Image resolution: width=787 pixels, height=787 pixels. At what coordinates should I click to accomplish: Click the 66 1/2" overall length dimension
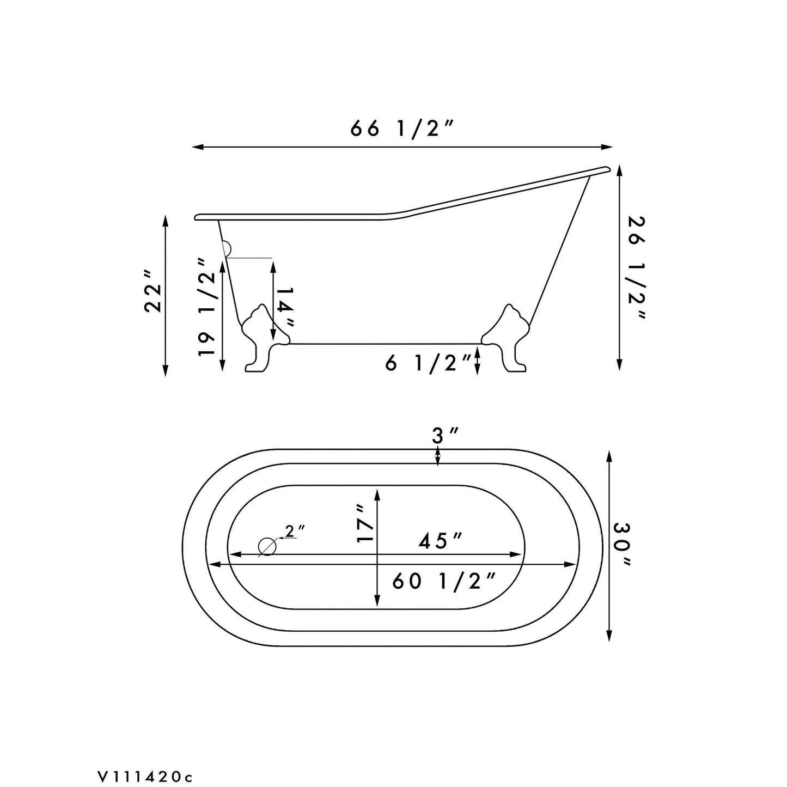pyautogui.click(x=402, y=129)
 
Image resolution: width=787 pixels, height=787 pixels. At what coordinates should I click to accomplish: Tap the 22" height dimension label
pyautogui.click(x=154, y=291)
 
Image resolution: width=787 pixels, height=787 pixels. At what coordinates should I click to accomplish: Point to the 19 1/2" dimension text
pyautogui.click(x=207, y=307)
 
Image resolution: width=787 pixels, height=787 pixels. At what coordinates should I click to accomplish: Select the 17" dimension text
pyautogui.click(x=365, y=524)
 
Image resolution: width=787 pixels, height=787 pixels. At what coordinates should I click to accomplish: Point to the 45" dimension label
pyautogui.click(x=440, y=541)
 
